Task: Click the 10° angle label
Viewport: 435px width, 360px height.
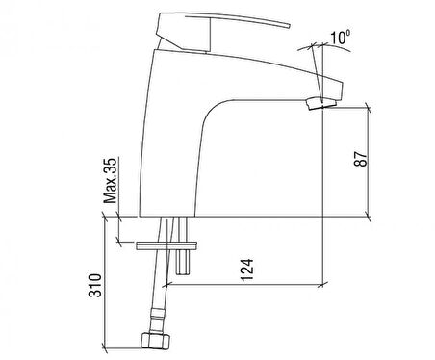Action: pyautogui.click(x=341, y=37)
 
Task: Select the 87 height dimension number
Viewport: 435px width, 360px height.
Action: pyautogui.click(x=361, y=158)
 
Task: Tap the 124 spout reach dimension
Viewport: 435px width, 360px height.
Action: pyautogui.click(x=247, y=270)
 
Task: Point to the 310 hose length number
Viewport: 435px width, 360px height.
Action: pyautogui.click(x=94, y=285)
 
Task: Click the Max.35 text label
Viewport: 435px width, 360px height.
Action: pyautogui.click(x=111, y=181)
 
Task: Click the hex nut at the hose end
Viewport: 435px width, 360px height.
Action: pyautogui.click(x=155, y=341)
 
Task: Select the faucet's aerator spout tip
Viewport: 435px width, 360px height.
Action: pyautogui.click(x=321, y=104)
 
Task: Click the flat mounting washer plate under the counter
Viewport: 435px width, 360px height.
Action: pyautogui.click(x=166, y=245)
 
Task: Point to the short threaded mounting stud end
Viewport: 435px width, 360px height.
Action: pyautogui.click(x=183, y=262)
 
